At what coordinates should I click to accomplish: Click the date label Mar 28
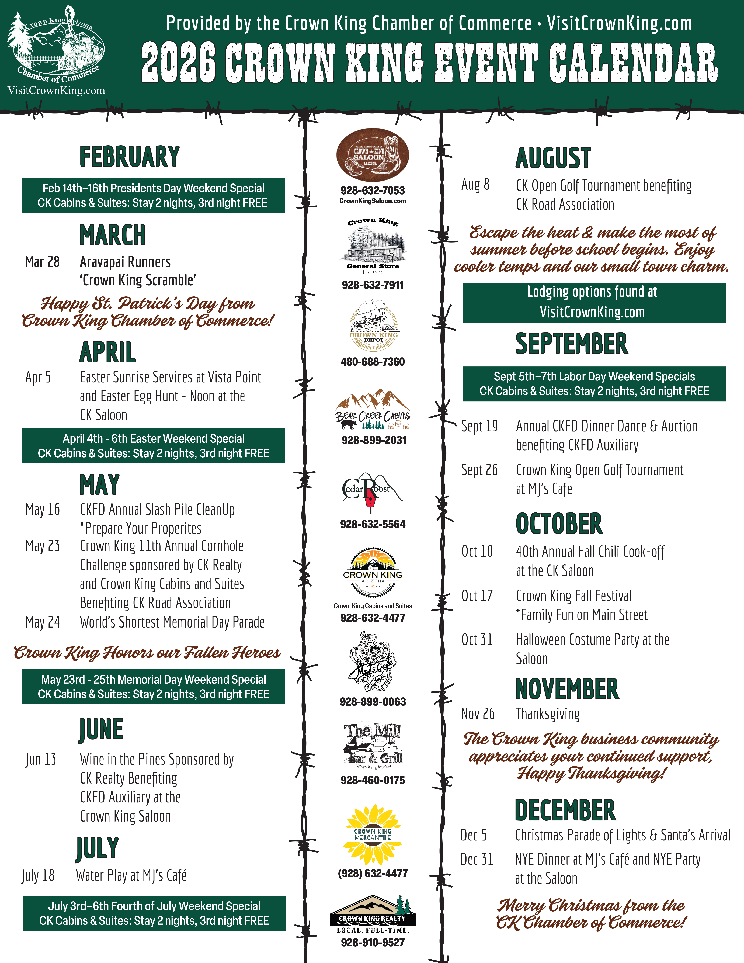(42, 262)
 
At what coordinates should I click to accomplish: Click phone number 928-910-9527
(373, 942)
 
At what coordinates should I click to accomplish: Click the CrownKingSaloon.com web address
(373, 201)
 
